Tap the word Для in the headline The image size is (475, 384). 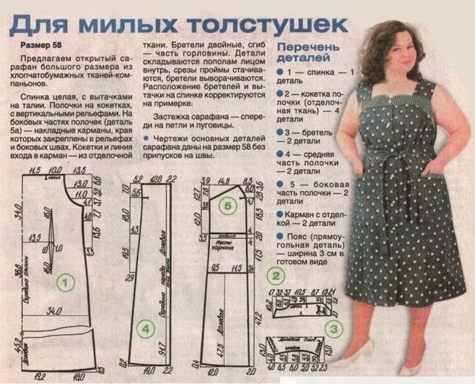coord(41,24)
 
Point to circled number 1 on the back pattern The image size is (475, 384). coord(65,281)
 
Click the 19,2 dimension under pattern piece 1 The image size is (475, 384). coord(38,376)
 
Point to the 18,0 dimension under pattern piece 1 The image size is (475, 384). coord(79,376)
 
